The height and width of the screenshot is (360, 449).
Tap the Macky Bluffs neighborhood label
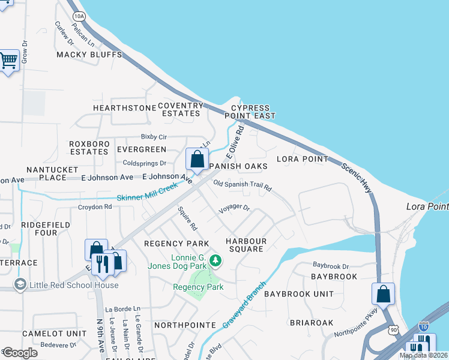[x=89, y=55]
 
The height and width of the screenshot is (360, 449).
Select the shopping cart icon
[x=8, y=60]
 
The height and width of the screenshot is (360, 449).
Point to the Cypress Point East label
[x=250, y=111]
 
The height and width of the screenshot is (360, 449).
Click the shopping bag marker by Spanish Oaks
[x=197, y=160]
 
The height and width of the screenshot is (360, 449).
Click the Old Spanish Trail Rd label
[x=243, y=186]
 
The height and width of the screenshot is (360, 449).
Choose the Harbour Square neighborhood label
[x=245, y=245]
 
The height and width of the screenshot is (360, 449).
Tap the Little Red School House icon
[x=20, y=284]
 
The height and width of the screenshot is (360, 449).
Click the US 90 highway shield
[x=392, y=330]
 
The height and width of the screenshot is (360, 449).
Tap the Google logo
[x=20, y=352]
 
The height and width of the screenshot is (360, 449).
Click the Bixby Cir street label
[x=154, y=137]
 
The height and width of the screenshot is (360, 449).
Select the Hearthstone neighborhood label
[x=124, y=107]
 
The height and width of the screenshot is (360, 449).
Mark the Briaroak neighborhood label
[x=311, y=322]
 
